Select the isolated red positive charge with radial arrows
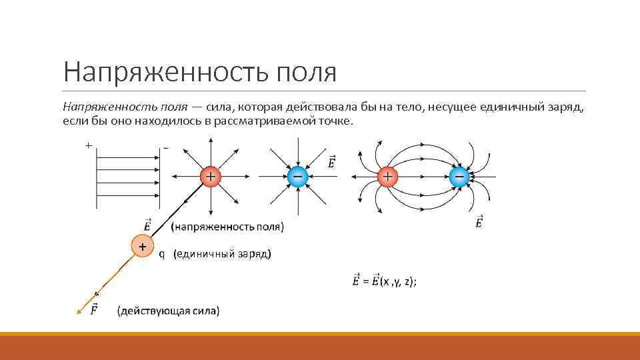[x=210, y=177]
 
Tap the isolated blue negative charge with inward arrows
[x=297, y=177]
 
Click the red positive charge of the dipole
[x=387, y=177]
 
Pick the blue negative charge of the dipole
[x=459, y=177]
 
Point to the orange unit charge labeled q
[x=142, y=246]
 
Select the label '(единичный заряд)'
[x=222, y=255]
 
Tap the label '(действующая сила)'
[x=168, y=311]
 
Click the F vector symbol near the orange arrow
[x=93, y=309]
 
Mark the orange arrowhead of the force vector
[x=80, y=309]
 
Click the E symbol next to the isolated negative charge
[x=331, y=163]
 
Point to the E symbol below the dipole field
[x=479, y=223]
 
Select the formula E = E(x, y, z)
[x=385, y=281]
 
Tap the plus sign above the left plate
[x=88, y=145]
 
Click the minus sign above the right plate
[x=165, y=147]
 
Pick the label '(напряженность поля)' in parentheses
[x=227, y=227]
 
